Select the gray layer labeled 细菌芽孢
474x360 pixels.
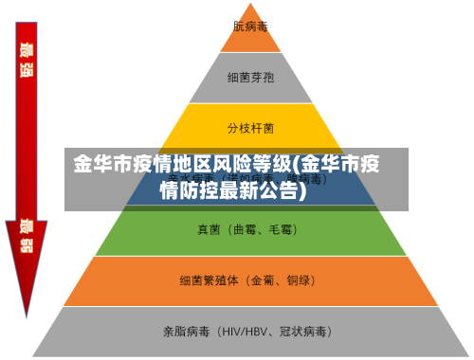pyautogui.click(x=250, y=76)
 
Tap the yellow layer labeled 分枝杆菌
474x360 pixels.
pyautogui.click(x=250, y=126)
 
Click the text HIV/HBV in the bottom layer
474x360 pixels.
pyautogui.click(x=245, y=332)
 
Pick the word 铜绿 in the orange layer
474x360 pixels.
pyautogui.click(x=301, y=280)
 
